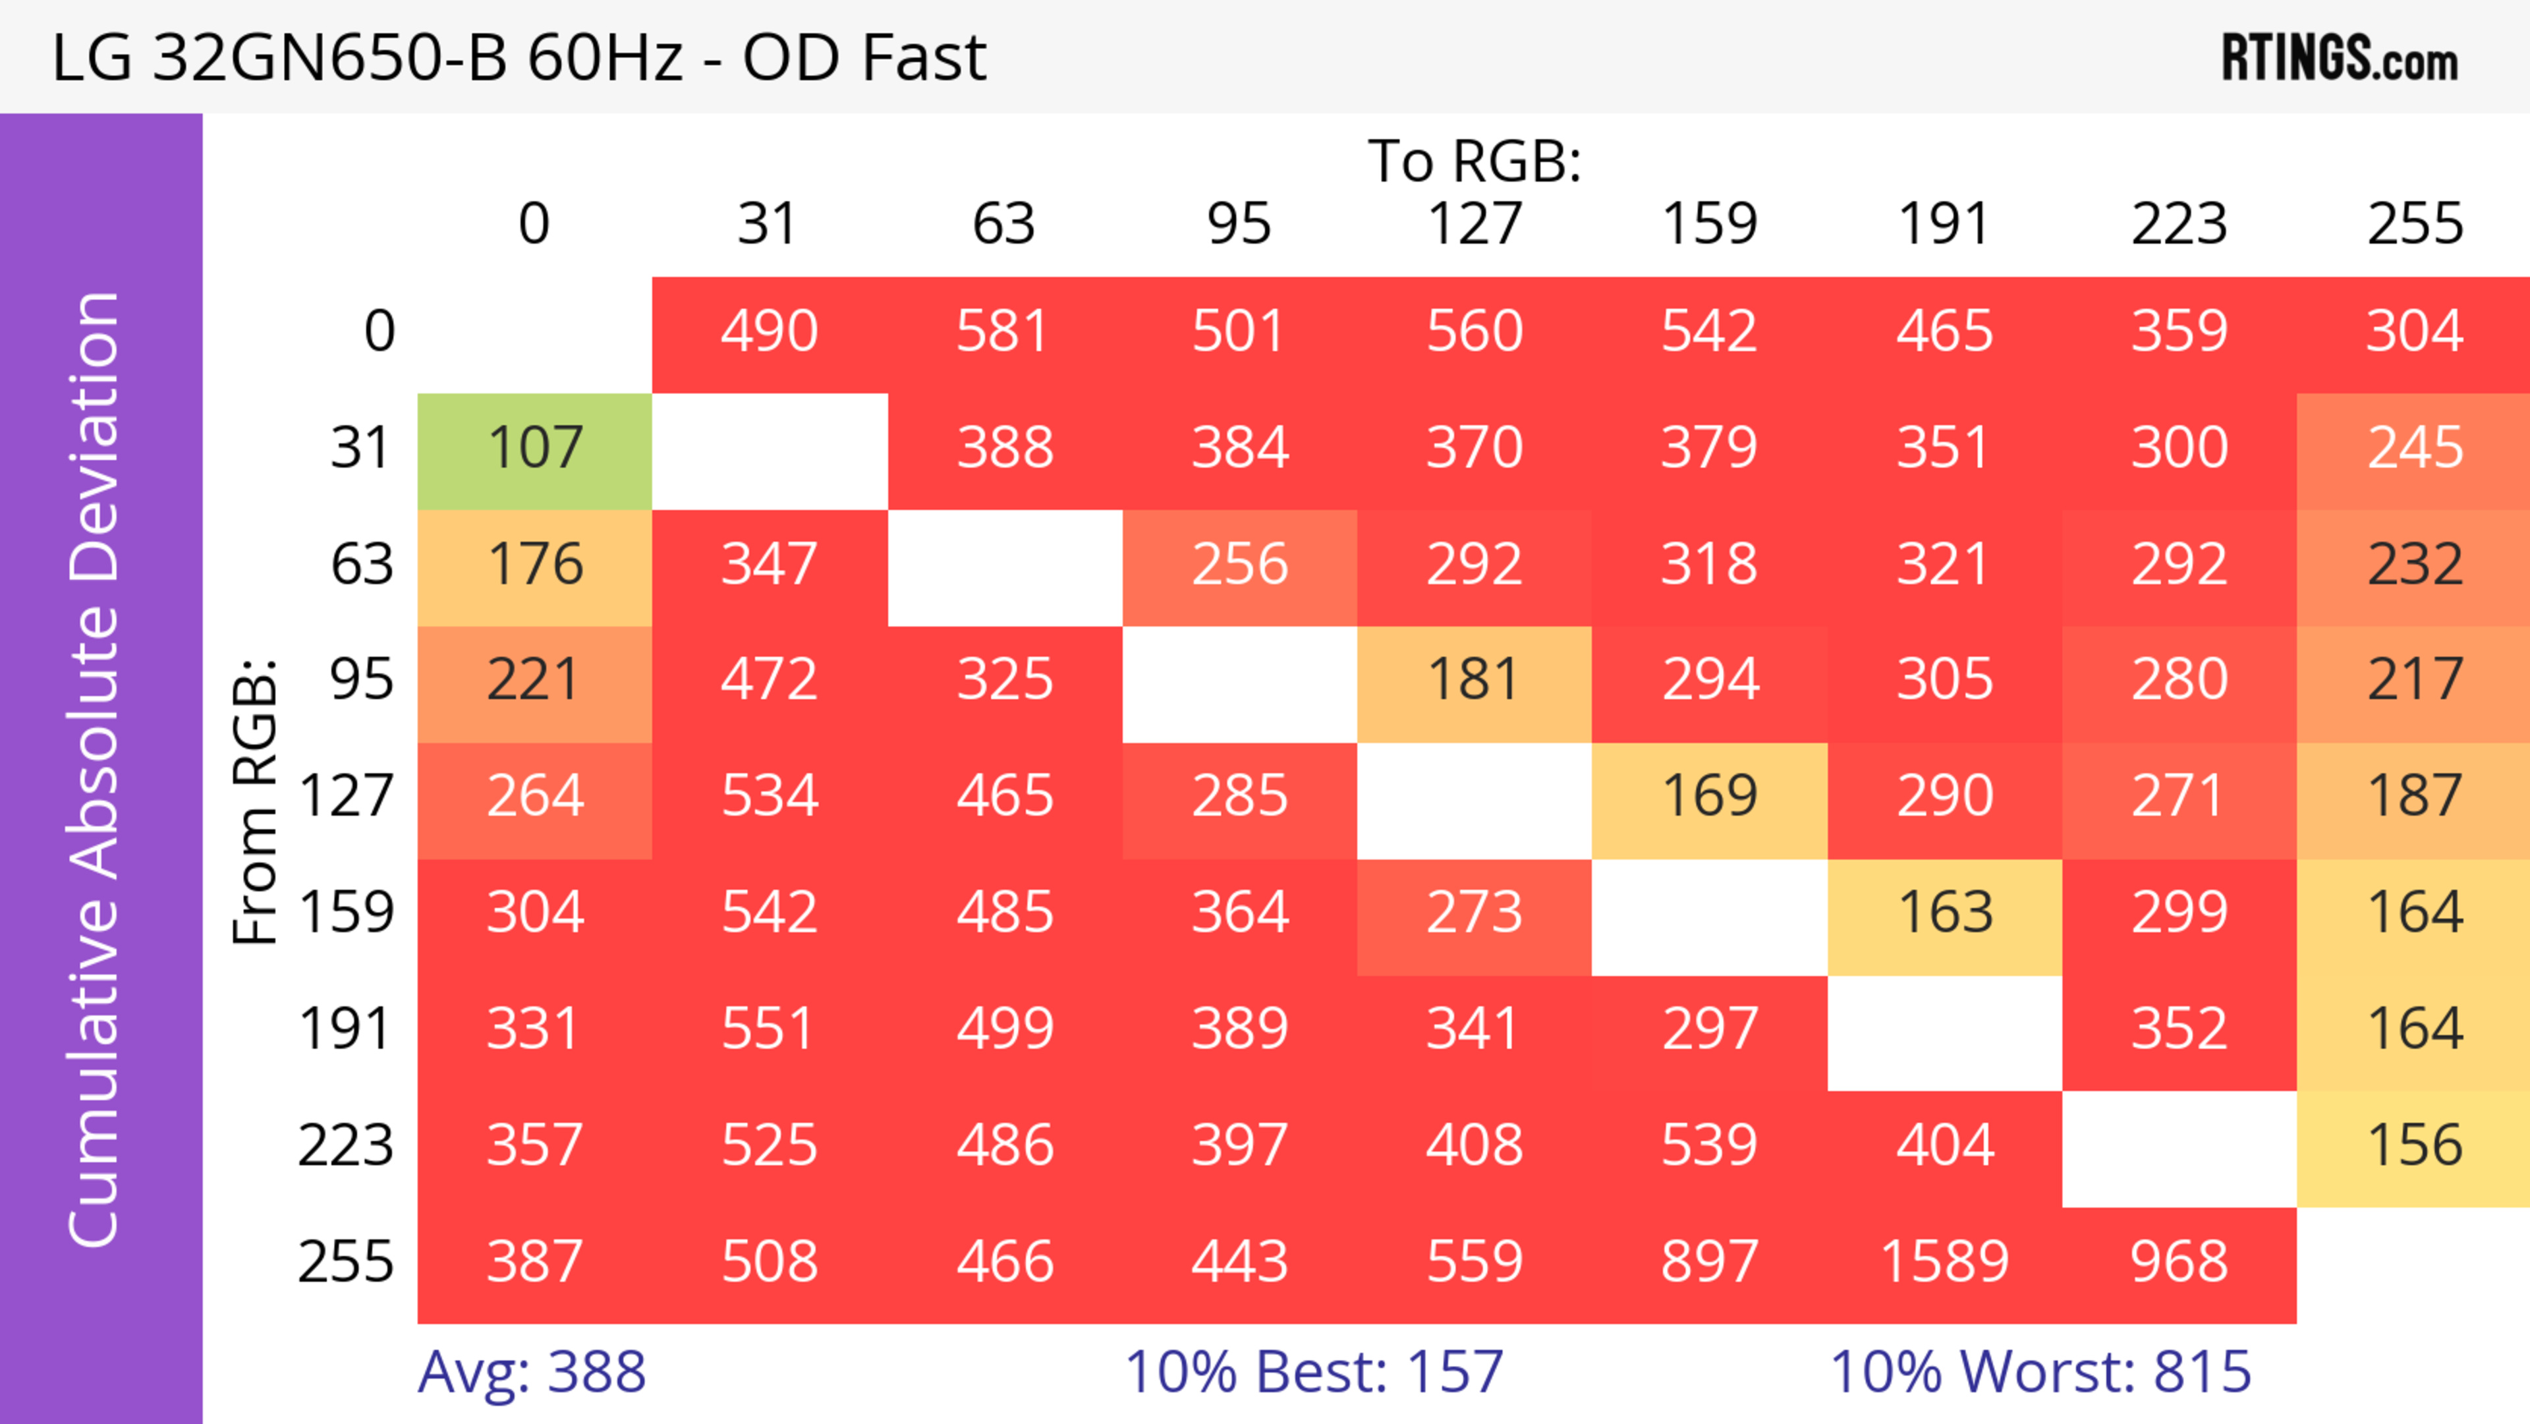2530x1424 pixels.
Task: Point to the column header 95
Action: pos(1239,225)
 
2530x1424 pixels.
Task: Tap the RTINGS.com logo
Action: pos(2340,58)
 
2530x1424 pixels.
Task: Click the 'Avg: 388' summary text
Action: pos(531,1372)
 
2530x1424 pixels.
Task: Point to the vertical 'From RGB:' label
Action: pos(256,801)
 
